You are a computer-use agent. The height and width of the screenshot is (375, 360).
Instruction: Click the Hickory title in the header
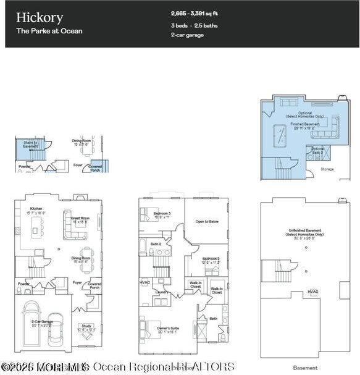point(40,17)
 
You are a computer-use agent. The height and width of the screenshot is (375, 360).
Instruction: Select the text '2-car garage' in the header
point(187,35)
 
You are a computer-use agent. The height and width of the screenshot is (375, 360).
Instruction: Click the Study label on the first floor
point(86,329)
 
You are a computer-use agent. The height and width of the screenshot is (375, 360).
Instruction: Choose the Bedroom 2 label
point(211,259)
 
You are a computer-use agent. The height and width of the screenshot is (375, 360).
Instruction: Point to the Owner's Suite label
point(167,329)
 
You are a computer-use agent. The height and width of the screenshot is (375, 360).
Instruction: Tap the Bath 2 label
point(156,244)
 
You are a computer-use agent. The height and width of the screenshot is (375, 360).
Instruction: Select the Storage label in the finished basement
point(327,168)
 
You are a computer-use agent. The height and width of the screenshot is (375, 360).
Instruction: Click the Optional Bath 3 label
point(317,150)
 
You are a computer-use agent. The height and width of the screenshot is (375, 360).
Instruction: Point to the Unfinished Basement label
point(301,233)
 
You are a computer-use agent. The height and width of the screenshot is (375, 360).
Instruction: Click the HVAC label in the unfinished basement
point(313,291)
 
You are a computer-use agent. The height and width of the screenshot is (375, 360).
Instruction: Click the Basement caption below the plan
point(305,368)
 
